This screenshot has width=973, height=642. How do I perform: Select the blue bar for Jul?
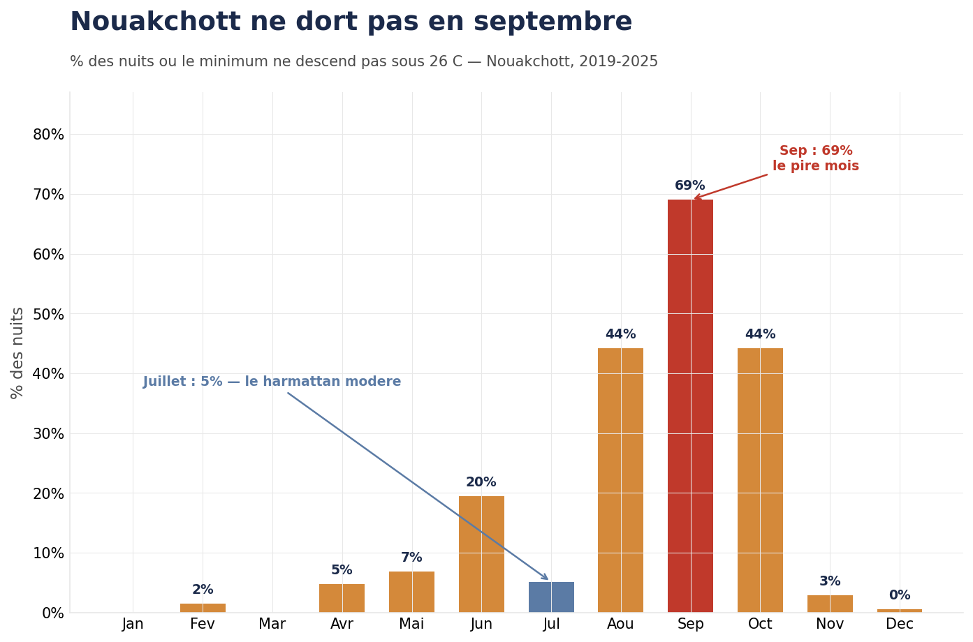551,597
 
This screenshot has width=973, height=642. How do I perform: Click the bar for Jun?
481,554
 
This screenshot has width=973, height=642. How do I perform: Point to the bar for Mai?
411,592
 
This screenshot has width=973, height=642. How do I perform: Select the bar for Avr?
342,598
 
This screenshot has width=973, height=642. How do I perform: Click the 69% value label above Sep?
690,186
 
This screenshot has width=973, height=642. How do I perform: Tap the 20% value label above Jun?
481,482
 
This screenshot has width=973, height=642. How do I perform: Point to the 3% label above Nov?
830,581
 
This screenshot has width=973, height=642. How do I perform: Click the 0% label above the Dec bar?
900,595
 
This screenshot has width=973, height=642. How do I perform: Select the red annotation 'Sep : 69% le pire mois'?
816,158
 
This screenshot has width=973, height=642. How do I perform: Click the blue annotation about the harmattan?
272,382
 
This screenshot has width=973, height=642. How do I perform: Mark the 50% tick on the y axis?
48,314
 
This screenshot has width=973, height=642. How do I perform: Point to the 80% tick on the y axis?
48,135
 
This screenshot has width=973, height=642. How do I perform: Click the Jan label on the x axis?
133,624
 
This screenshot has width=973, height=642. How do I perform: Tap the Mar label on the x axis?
272,624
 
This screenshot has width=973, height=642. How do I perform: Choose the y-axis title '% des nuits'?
17,352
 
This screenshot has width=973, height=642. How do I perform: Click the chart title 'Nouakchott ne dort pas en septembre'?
351,22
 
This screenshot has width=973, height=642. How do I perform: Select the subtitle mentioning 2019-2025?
363,62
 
